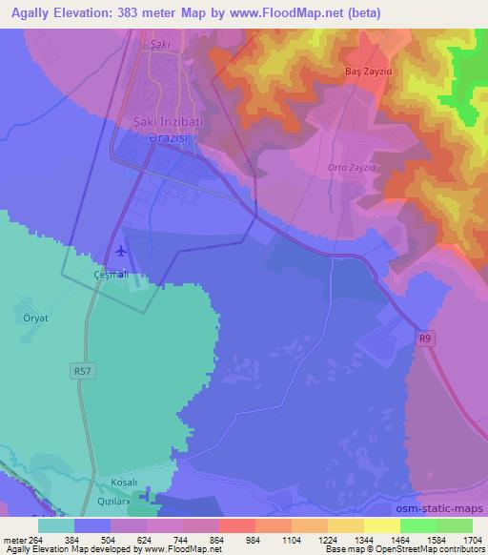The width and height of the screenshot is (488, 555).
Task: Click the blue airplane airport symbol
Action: click(x=121, y=252)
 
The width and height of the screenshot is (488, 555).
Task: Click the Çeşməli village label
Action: click(x=110, y=275)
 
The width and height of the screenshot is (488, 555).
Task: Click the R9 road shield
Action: click(x=425, y=337)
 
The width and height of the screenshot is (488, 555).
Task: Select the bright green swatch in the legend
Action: click(x=418, y=524)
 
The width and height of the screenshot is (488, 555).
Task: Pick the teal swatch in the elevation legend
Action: click(x=56, y=524)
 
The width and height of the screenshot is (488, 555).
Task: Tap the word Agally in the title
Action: click(x=32, y=13)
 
